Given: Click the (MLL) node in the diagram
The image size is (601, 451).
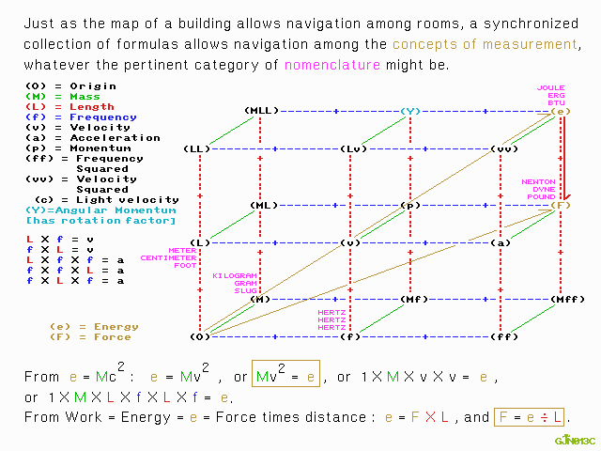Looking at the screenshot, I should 261,111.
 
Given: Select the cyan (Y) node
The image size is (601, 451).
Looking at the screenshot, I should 409,111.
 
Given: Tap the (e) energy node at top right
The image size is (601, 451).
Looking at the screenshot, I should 561,111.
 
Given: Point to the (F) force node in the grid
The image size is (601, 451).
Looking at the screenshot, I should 561,205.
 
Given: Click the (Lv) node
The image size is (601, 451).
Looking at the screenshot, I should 352,148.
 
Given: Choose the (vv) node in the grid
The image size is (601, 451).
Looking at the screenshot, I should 503,148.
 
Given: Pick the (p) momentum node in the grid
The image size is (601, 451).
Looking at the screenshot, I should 409,205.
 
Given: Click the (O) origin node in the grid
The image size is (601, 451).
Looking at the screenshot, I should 200,336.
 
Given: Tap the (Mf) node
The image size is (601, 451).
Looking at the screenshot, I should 414,299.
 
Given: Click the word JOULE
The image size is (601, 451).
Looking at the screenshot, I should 551,88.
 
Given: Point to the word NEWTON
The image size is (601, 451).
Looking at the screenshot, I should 539,182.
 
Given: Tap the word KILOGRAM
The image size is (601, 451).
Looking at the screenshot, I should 235,276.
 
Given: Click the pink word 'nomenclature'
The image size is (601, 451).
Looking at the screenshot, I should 332,66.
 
